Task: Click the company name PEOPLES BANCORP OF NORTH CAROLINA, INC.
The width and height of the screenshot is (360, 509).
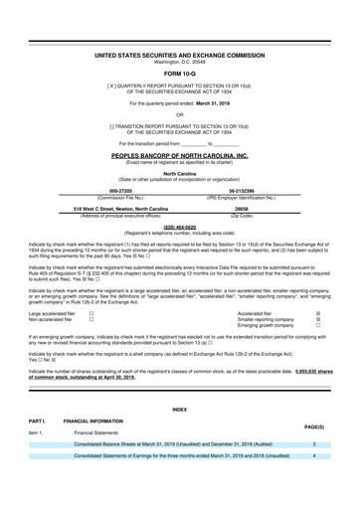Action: pos(179,156)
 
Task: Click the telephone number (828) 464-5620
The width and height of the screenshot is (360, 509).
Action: pos(179,226)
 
